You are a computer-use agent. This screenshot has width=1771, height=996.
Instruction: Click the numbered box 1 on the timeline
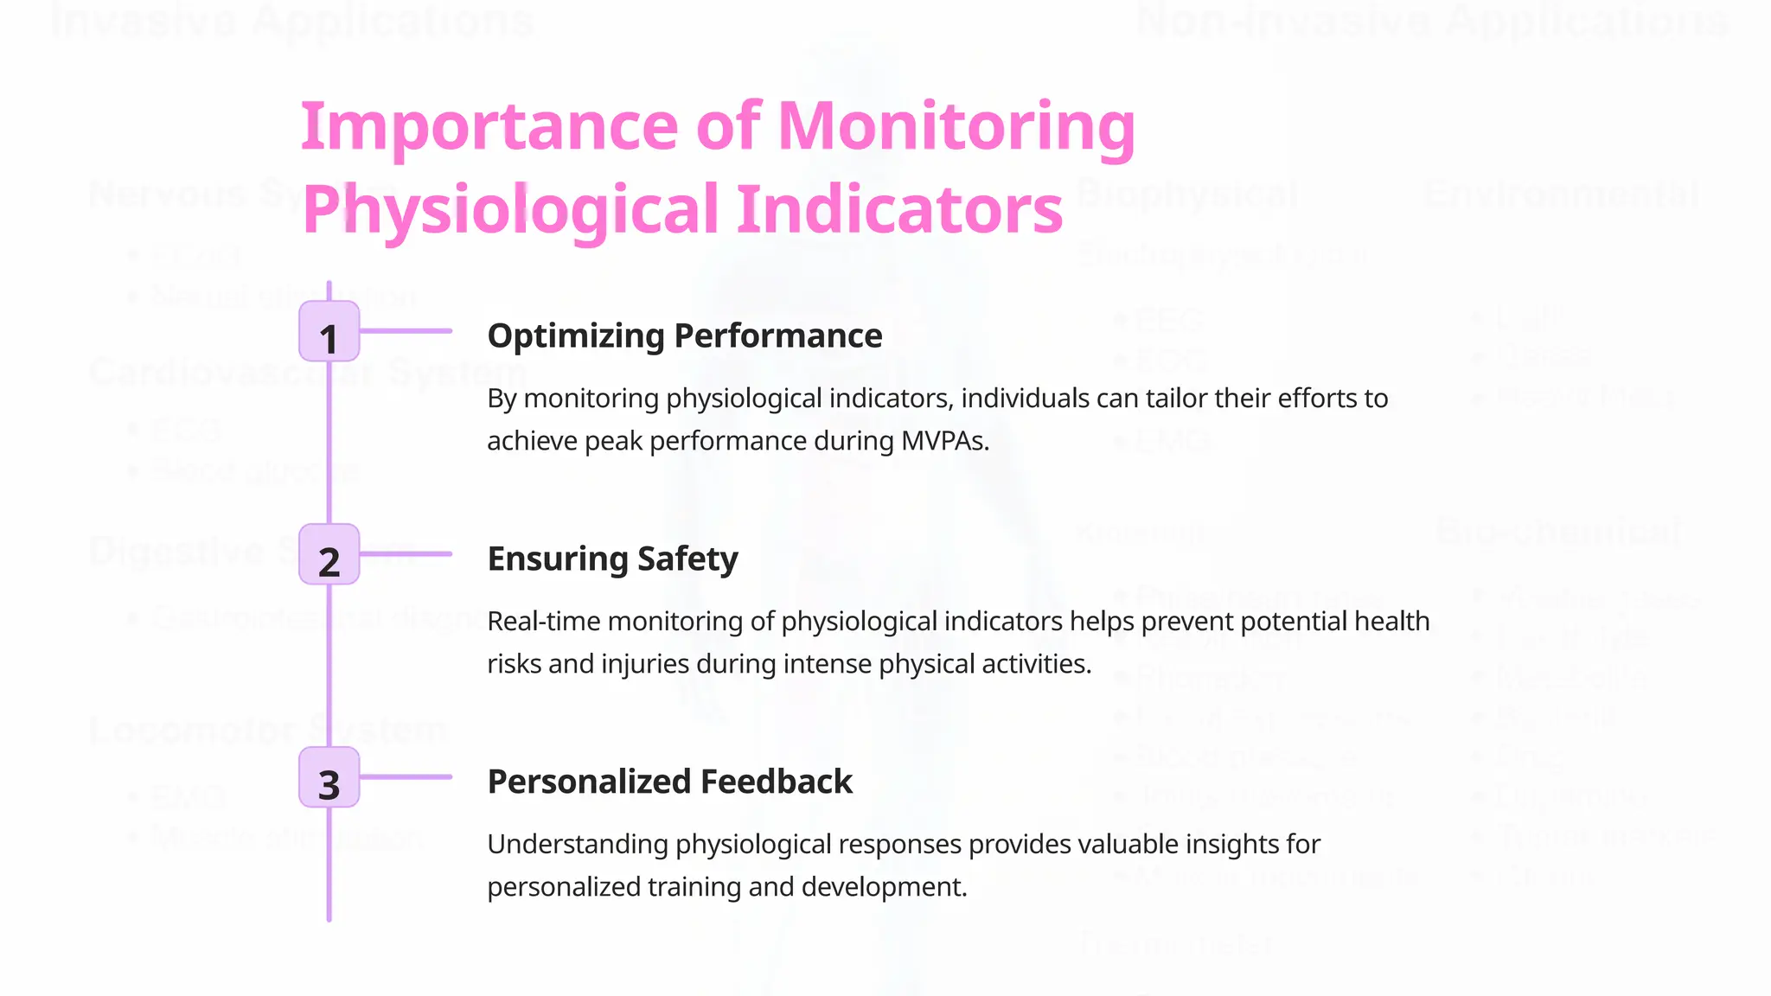click(329, 331)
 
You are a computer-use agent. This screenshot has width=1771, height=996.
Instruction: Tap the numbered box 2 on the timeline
click(329, 554)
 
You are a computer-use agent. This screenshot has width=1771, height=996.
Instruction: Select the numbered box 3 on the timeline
click(329, 777)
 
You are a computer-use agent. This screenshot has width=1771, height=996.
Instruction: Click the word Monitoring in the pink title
click(956, 127)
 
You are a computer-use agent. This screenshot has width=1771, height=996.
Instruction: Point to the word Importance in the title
click(489, 127)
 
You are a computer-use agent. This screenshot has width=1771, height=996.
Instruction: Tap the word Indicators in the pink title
click(899, 210)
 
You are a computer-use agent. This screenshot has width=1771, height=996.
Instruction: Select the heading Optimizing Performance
click(684, 335)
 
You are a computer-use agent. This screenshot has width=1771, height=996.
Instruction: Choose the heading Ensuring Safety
click(612, 559)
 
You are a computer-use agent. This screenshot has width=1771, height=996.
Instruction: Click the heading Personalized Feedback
click(669, 782)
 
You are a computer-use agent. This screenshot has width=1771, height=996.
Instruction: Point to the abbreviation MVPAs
click(944, 441)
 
